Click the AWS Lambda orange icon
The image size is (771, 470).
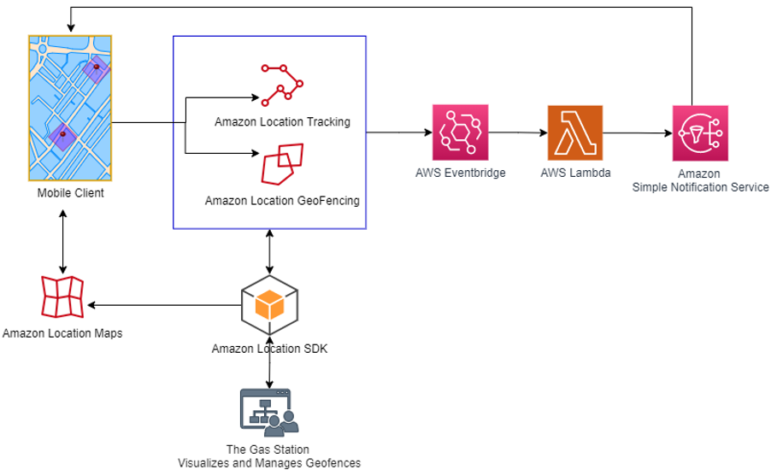[x=574, y=133]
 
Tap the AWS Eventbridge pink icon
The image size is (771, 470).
[x=460, y=132]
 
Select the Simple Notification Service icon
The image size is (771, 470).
[x=700, y=133]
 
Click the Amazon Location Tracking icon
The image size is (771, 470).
[x=281, y=84]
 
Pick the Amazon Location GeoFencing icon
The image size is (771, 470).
[x=281, y=164]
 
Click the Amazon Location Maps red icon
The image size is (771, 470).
[x=62, y=297]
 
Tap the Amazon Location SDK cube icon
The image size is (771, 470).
[x=270, y=304]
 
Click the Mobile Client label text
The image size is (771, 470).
[x=70, y=193]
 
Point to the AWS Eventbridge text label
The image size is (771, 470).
[x=460, y=173]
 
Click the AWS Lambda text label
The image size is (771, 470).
[x=574, y=173]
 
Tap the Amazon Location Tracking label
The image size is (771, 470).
[x=282, y=121]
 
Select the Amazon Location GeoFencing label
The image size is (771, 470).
[x=282, y=201]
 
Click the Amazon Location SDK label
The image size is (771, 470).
[x=269, y=349]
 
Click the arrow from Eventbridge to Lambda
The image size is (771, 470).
[x=518, y=132]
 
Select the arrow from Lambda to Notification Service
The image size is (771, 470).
[x=638, y=132]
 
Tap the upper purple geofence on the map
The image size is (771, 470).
[x=96, y=69]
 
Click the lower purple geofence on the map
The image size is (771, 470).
[x=62, y=136]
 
